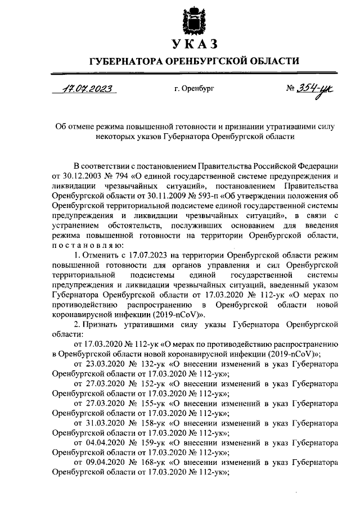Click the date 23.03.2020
[100, 365]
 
